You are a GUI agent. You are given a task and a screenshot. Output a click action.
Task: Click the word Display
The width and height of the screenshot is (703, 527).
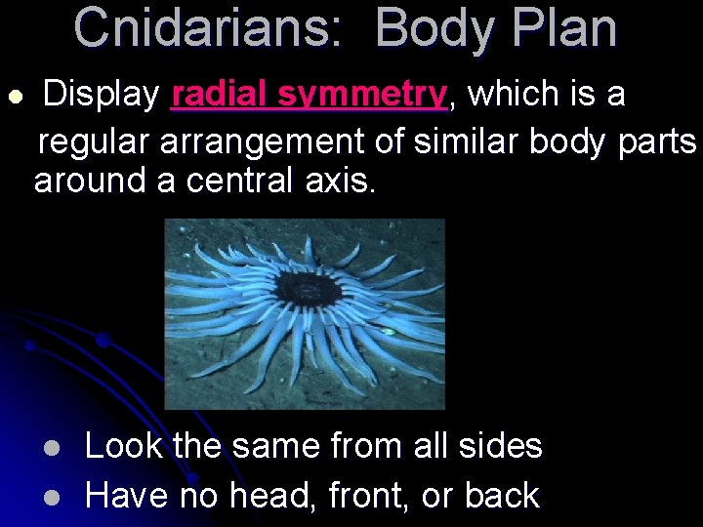[102, 95]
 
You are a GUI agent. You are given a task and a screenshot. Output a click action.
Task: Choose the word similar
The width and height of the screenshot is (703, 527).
[467, 142]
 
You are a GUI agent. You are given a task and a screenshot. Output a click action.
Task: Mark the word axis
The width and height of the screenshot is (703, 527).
[344, 182]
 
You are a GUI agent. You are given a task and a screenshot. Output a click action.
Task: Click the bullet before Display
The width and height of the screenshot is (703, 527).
[15, 97]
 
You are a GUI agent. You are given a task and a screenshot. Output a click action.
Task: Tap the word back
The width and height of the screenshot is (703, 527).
[502, 496]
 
